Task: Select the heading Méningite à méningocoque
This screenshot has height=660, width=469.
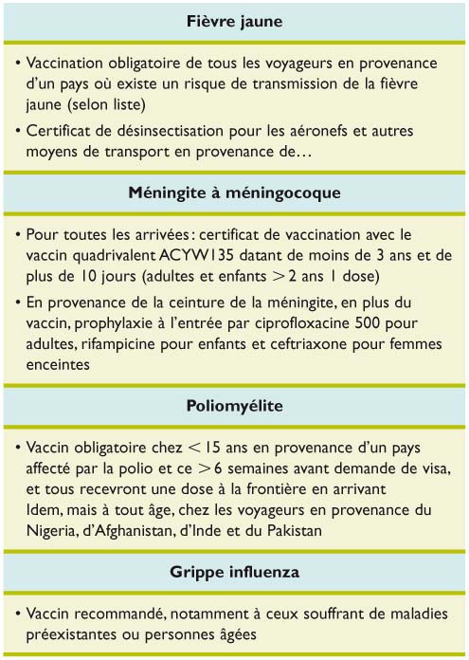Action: tap(234, 193)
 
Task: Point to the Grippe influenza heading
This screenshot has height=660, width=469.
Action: tap(234, 573)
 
